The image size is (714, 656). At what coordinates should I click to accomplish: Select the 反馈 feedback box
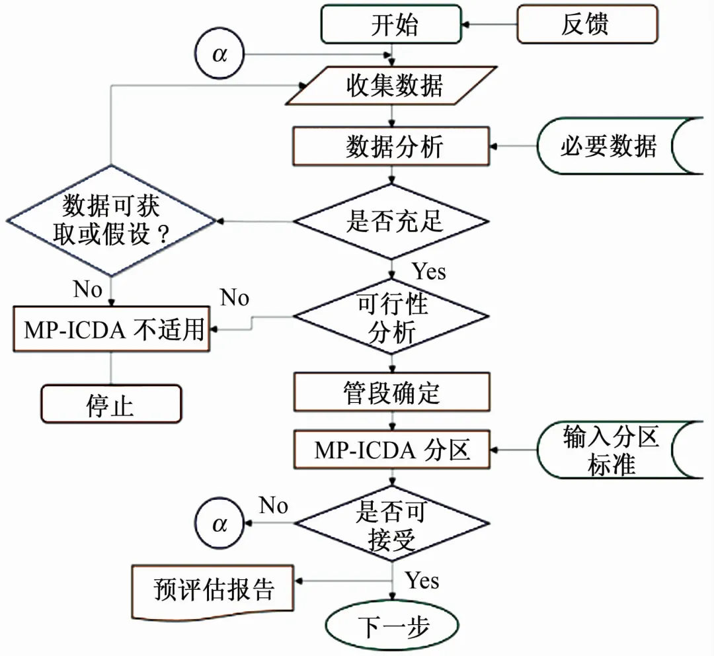586,25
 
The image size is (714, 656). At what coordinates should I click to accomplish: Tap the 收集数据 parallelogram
393,85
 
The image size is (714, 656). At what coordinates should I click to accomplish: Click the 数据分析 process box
393,146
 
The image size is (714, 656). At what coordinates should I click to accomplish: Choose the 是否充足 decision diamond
393,220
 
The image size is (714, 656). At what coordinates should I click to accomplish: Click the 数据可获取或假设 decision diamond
110,220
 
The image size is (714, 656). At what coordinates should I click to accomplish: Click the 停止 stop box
110,404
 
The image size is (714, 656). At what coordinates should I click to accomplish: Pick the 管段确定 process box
393,392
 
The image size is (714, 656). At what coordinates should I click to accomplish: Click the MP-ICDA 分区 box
393,450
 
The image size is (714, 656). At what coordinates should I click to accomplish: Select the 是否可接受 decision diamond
393,524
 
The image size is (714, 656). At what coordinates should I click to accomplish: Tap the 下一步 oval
392,625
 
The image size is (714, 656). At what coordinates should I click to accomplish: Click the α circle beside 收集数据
219,54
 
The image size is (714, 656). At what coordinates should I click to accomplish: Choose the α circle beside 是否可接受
219,524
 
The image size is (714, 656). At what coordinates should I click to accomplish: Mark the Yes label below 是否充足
429,272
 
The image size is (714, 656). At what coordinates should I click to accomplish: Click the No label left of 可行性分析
235,298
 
